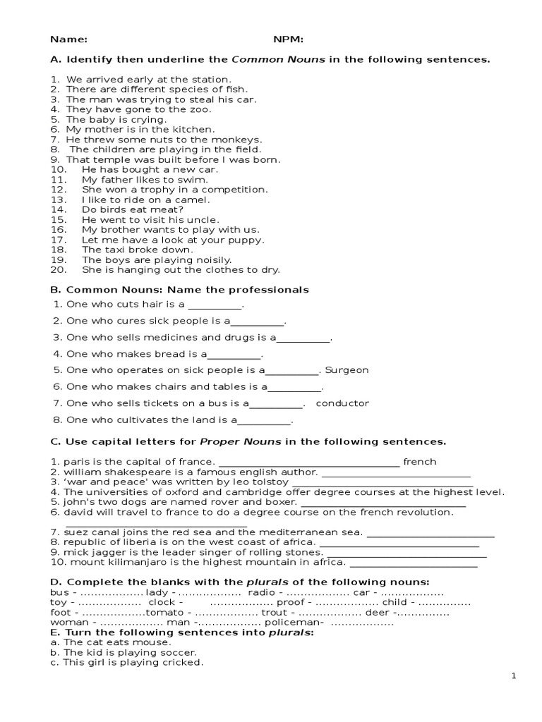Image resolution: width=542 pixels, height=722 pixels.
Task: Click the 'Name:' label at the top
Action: (68, 39)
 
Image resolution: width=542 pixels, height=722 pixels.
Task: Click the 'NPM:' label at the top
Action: (289, 39)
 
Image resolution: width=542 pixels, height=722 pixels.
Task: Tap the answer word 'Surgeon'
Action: (347, 370)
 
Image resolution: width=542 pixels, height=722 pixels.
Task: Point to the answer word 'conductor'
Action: (342, 403)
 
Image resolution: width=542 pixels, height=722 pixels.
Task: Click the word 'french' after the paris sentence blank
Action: (420, 462)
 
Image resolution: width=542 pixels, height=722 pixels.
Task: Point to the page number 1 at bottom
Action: (514, 676)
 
